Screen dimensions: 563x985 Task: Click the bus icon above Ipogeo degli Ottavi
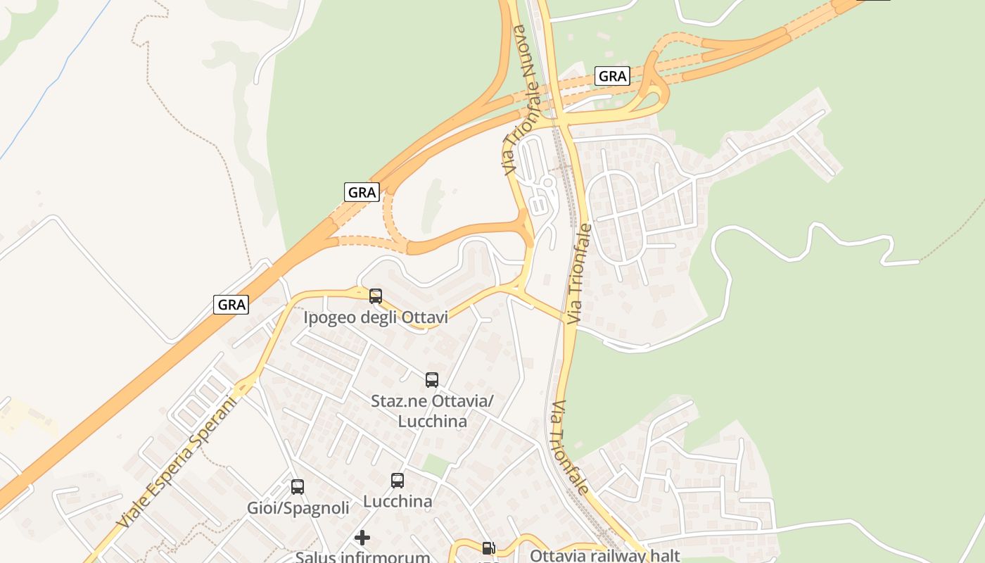click(376, 296)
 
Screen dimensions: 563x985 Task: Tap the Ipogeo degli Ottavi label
click(376, 318)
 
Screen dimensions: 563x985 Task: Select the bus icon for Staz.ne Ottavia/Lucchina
click(432, 380)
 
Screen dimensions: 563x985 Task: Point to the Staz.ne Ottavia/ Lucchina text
click(432, 411)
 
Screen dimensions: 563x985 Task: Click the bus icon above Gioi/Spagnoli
click(298, 487)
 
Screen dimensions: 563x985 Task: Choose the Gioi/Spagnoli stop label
click(298, 508)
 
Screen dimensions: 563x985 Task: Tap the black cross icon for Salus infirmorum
click(362, 538)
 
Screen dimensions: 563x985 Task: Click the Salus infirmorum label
click(362, 557)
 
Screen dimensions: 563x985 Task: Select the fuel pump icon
click(488, 548)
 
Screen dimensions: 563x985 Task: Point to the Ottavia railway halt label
click(604, 555)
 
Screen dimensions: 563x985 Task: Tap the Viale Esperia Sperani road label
click(177, 462)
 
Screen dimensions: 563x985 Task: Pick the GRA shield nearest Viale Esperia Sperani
click(231, 305)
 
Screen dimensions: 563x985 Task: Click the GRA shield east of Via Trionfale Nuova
click(611, 76)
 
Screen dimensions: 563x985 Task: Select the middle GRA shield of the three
click(362, 191)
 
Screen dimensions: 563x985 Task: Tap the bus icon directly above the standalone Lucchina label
click(398, 481)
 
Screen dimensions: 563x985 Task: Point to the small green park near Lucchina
click(436, 465)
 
